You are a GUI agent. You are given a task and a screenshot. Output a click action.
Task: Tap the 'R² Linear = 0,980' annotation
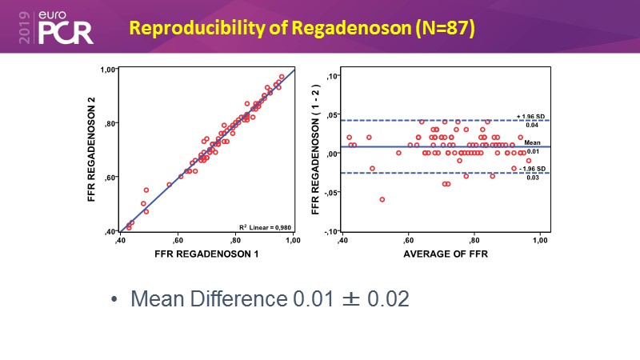[x=266, y=226]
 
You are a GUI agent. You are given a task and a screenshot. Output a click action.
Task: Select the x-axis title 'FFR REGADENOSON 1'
[x=206, y=254]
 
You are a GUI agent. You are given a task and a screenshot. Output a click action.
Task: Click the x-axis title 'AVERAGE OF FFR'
[x=440, y=254]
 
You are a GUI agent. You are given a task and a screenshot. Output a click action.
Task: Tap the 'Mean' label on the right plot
[x=532, y=142]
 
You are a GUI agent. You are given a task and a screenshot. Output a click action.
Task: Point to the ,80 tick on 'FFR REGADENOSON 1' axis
[x=236, y=240]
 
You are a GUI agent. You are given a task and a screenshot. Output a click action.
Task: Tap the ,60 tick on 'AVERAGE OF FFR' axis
[x=408, y=240]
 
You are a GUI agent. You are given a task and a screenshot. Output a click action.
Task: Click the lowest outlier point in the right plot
[x=382, y=199]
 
